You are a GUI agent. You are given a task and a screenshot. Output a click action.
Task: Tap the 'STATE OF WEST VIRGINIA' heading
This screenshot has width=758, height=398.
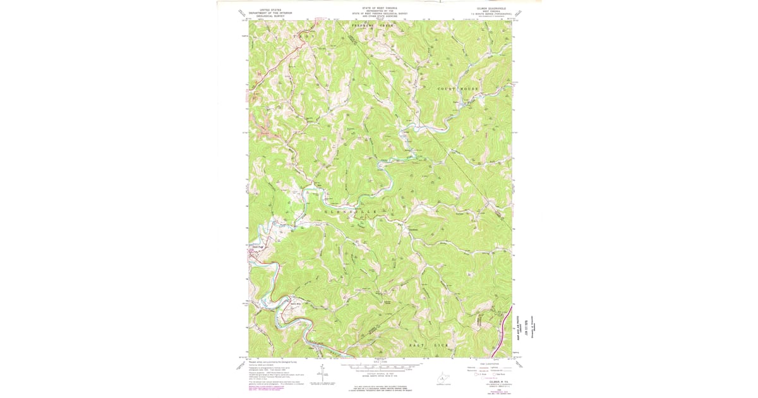(x=379, y=8)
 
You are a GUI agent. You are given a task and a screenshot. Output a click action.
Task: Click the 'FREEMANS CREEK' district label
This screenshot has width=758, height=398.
(x=372, y=25)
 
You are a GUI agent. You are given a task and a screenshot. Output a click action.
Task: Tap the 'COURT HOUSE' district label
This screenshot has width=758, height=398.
(x=458, y=89)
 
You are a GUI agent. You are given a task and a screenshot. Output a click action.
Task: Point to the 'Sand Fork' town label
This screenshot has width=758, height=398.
(x=257, y=247)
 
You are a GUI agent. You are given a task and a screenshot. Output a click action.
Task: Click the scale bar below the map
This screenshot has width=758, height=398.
(x=379, y=366)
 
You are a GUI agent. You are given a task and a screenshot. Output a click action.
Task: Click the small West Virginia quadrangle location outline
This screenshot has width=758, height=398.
(x=447, y=377)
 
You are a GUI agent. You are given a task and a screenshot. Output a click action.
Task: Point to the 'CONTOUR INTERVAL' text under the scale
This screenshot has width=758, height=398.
(x=379, y=373)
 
